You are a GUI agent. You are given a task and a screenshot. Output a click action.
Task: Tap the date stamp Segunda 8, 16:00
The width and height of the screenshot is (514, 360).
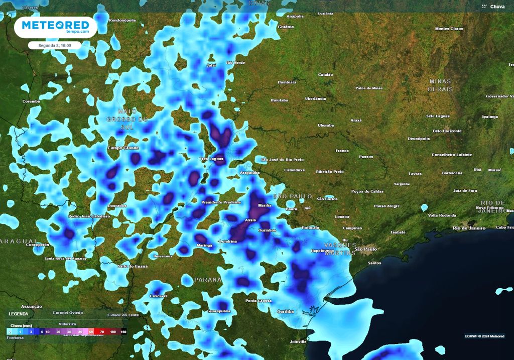pyautogui.click(x=54, y=45)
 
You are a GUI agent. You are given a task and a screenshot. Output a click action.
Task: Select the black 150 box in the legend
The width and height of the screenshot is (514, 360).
pyautogui.click(x=123, y=332)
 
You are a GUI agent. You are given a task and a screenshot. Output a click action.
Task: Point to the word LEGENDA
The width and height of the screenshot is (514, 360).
pyautogui.click(x=19, y=314)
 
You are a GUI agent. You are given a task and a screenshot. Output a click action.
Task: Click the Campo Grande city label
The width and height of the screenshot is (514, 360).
pyautogui.click(x=123, y=148)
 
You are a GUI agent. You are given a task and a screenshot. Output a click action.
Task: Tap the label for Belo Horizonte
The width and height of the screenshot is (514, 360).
pyautogui.click(x=447, y=131)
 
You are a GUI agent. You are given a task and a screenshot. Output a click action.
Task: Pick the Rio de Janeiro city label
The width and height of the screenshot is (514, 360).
pyautogui.click(x=469, y=228)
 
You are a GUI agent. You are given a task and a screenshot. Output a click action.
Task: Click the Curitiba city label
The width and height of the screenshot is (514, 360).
pyautogui.click(x=286, y=311)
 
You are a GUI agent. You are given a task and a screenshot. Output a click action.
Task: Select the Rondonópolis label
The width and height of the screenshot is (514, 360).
pyautogui.click(x=123, y=21)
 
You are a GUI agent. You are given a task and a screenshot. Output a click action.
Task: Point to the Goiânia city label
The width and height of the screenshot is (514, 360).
pyautogui.click(x=286, y=27)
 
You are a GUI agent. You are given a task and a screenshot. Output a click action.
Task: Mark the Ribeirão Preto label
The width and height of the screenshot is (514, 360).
pyautogui.click(x=330, y=172)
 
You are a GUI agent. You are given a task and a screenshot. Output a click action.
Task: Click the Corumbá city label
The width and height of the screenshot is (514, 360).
pyautogui.click(x=31, y=101)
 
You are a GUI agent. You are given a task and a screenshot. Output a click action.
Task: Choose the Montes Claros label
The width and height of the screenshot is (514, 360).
pyautogui.click(x=449, y=29)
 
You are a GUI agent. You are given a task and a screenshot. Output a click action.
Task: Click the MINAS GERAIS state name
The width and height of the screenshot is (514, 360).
pyautogui.click(x=440, y=85)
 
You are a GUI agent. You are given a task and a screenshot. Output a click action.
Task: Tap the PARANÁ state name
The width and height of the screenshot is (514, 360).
pyautogui.click(x=208, y=279)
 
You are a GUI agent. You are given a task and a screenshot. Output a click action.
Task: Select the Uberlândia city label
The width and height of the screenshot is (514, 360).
pyautogui.click(x=315, y=99)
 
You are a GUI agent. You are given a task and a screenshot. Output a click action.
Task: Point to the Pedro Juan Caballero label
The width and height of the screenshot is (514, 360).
pyautogui.click(x=89, y=216)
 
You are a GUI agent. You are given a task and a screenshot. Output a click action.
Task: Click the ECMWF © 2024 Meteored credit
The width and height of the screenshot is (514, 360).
pyautogui.click(x=484, y=336)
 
